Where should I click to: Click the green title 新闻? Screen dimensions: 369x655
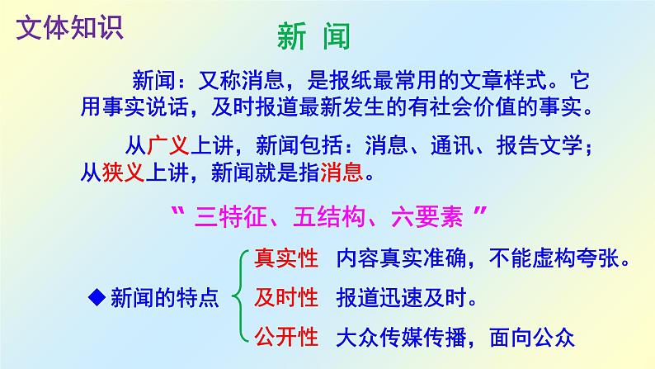pyautogui.click(x=313, y=37)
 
